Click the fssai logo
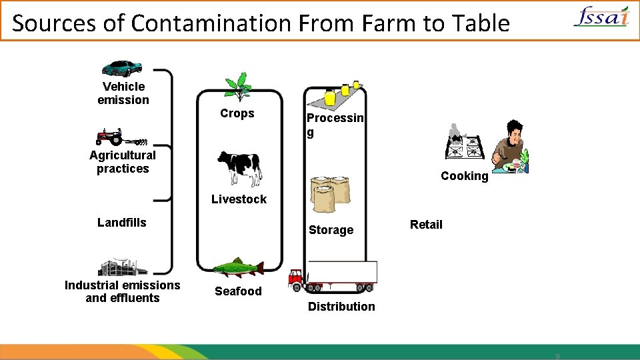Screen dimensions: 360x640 coord(601,17)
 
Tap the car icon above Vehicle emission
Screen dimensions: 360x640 coord(121,67)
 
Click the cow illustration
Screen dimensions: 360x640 coord(239,167)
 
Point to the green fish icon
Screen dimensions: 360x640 coord(237,268)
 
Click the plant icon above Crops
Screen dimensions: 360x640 coord(237,87)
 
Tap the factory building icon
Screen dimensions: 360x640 coord(122,267)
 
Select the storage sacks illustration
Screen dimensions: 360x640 coord(330,193)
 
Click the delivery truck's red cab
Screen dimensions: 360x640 coord(295,278)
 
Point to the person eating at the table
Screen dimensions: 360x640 coord(511,147)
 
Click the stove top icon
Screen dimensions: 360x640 coord(464,143)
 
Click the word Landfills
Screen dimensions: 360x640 coord(122,222)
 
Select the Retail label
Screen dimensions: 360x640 coord(426,225)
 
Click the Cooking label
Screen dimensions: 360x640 coord(464,176)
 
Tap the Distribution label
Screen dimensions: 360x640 coord(341,307)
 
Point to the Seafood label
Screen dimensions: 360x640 coord(238,291)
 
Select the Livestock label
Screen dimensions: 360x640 coord(239,199)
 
